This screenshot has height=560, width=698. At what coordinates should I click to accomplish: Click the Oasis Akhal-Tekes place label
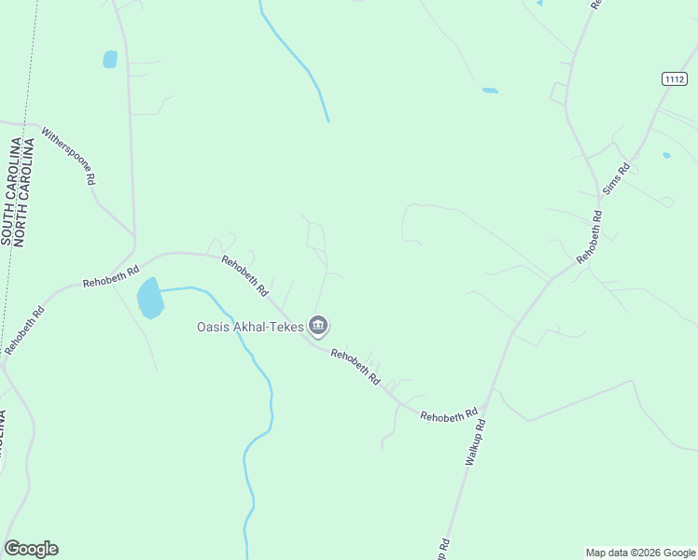(250, 327)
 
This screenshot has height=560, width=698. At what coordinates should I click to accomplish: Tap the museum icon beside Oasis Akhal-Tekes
(319, 326)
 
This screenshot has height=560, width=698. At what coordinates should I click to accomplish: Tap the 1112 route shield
(675, 79)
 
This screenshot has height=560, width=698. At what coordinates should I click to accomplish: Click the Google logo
(31, 549)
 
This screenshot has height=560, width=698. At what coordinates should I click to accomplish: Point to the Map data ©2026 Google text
(640, 553)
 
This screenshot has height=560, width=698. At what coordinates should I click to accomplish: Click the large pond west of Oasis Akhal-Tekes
(149, 299)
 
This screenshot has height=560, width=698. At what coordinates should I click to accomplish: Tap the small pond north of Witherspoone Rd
(110, 60)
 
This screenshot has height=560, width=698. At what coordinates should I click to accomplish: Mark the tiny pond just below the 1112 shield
(666, 155)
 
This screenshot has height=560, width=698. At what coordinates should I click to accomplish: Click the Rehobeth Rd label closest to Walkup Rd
(449, 414)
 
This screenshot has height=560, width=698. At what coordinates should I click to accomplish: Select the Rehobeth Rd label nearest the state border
(24, 330)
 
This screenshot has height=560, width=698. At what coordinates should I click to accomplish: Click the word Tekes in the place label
(285, 327)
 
